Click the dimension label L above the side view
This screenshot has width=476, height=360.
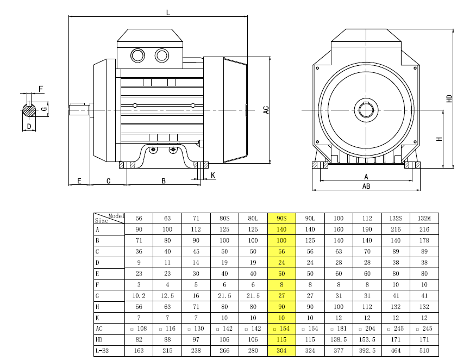pyautogui.click(x=168, y=12)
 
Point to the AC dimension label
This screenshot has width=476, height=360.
pyautogui.click(x=266, y=110)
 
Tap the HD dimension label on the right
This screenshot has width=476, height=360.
pyautogui.click(x=449, y=99)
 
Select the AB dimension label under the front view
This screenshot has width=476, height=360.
pyautogui.click(x=366, y=186)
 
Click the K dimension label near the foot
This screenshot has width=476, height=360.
pyautogui.click(x=212, y=175)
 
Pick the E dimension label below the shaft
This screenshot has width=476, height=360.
pyautogui.click(x=79, y=181)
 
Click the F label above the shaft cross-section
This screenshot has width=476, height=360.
pyautogui.click(x=41, y=88)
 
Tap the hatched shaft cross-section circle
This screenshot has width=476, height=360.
pyautogui.click(x=29, y=109)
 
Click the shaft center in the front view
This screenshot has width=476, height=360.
pyautogui.click(x=366, y=110)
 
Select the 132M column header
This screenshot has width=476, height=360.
pyautogui.click(x=424, y=219)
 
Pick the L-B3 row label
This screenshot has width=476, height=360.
pyautogui.click(x=103, y=351)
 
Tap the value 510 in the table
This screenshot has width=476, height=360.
pyautogui.click(x=424, y=351)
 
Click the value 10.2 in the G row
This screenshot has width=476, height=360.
pyautogui.click(x=139, y=296)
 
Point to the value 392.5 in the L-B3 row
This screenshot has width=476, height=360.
pyautogui.click(x=367, y=351)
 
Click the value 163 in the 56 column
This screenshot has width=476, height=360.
pyautogui.click(x=139, y=351)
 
